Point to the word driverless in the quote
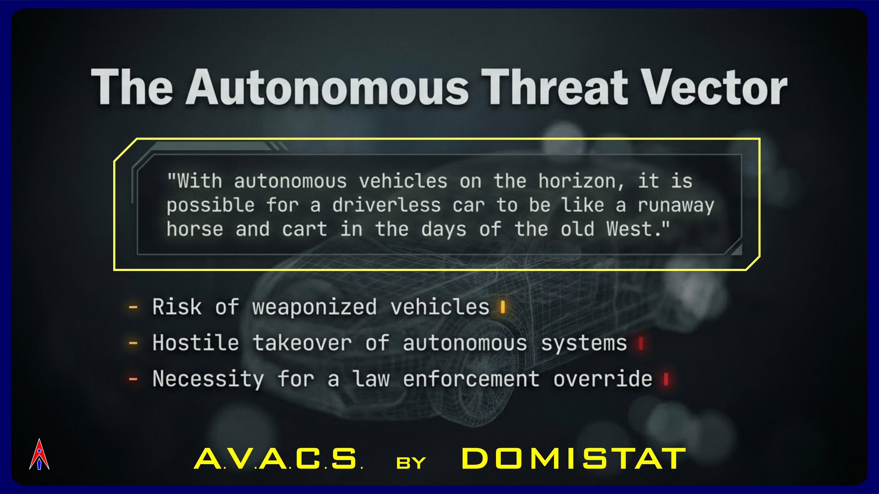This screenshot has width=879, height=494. (386, 205)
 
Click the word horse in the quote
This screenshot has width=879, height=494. (195, 229)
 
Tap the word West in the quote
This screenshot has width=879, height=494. (630, 229)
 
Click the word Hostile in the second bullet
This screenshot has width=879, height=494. (196, 342)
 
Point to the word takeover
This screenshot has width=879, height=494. (302, 342)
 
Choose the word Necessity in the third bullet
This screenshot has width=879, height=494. (208, 379)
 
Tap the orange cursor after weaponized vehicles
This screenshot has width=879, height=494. (502, 307)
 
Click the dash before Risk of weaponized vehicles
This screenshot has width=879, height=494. (133, 307)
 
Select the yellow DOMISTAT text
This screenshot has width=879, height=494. (573, 459)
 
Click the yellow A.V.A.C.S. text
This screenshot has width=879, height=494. (278, 459)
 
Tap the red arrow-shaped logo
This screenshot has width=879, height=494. (39, 454)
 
